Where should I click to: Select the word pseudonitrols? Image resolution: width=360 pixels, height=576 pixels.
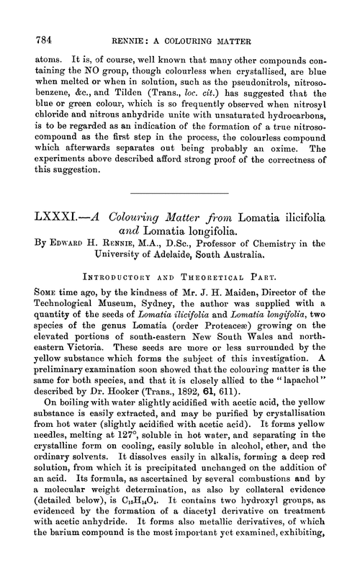pos(264,83)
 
